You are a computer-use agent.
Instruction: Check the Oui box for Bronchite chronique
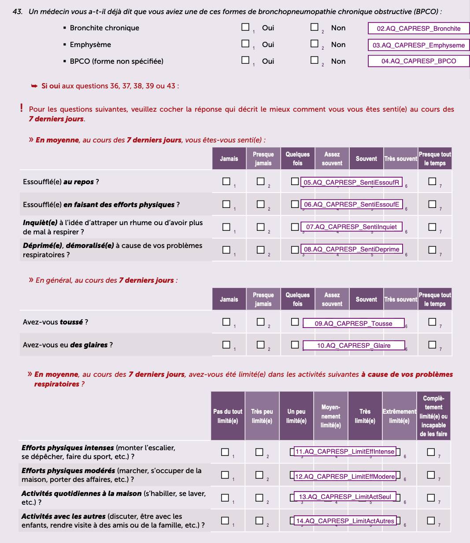point(245,27)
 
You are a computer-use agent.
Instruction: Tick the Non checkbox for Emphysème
point(314,44)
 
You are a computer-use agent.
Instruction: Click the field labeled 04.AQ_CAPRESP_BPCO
point(418,61)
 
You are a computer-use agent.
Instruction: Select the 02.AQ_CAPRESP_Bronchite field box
point(418,29)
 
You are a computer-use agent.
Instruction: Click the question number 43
point(18,12)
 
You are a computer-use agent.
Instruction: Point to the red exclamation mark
point(21,107)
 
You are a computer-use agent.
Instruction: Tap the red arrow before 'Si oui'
point(34,86)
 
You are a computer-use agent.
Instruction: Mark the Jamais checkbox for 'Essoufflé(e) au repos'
point(226,181)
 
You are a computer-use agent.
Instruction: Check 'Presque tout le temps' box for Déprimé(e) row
point(432,250)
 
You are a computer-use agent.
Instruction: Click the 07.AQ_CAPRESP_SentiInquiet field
point(352,227)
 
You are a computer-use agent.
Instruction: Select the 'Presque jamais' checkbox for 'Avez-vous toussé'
point(261,322)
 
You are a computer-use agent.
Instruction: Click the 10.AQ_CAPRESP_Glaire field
point(354,346)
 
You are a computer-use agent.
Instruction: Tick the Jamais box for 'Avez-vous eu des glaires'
point(226,345)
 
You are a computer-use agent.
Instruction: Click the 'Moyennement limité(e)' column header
point(331,416)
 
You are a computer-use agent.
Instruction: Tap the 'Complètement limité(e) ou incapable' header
point(433,416)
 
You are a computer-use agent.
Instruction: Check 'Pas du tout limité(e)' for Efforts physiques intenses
point(225,452)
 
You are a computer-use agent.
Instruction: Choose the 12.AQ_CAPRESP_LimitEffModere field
point(345,477)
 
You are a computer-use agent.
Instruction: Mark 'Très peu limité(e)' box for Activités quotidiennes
point(259,498)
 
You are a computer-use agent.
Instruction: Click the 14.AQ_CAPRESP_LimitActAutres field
point(345,521)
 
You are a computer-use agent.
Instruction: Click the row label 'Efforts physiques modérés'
point(68,470)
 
